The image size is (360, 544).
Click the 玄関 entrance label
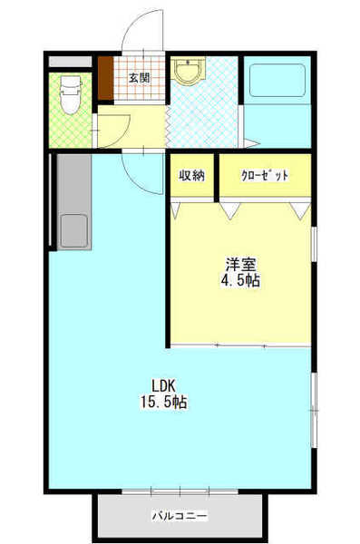139,77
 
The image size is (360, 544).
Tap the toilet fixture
69,93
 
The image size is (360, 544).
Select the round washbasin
190,73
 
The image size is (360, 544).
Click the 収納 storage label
190,176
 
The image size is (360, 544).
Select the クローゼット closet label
265,176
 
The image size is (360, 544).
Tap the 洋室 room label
241,264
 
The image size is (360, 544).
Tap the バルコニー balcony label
180,517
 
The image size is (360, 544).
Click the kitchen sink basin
73,230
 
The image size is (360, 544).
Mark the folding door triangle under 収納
175,210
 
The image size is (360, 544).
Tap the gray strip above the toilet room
71,62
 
